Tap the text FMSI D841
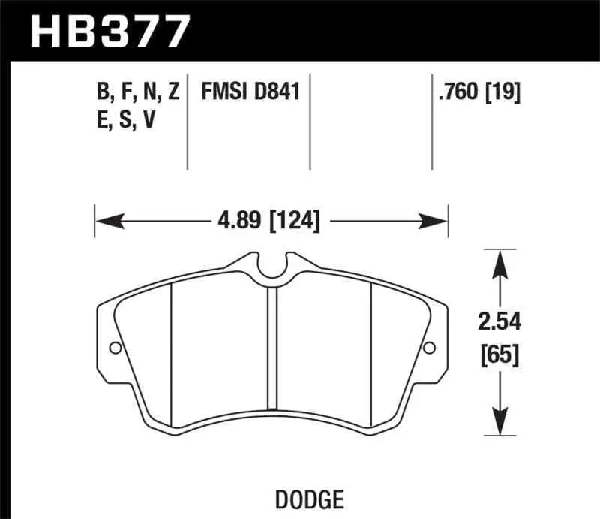pyautogui.click(x=250, y=92)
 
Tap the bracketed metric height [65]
pyautogui.click(x=497, y=354)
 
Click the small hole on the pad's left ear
pyautogui.click(x=115, y=348)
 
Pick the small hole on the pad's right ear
pyautogui.click(x=429, y=348)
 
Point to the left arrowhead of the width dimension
pyautogui.click(x=103, y=221)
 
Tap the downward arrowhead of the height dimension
pyautogui.click(x=497, y=425)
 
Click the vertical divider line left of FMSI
pyautogui.click(x=187, y=120)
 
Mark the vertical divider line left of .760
pyautogui.click(x=432, y=120)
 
